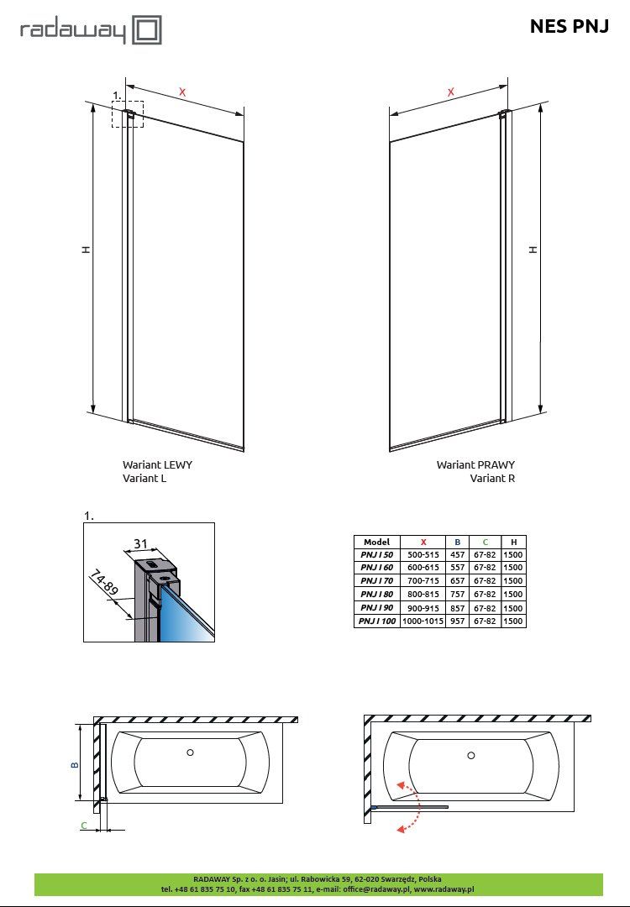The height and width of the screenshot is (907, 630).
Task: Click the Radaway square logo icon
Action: point(147,30)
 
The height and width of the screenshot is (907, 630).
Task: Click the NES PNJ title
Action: point(570,27)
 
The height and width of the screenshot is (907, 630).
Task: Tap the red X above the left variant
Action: point(182,92)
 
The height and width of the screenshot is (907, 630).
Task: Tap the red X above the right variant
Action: point(451,92)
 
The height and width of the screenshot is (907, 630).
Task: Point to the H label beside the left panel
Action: point(86,249)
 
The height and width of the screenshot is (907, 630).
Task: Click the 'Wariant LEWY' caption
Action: point(157,464)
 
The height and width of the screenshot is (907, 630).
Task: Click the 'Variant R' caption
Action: point(492,479)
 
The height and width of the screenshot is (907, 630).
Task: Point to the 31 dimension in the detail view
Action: point(140,543)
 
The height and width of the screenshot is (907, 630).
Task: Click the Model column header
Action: point(376,542)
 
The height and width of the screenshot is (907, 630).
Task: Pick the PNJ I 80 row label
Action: point(376,594)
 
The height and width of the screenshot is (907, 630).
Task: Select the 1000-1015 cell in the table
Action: point(423,621)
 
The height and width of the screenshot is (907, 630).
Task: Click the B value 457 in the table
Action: point(457,555)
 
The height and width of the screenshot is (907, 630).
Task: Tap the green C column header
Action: point(485,542)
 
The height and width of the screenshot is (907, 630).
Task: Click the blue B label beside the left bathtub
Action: point(74,764)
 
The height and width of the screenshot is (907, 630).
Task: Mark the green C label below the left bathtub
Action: point(84,826)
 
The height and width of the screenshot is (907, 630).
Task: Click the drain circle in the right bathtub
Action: point(471,756)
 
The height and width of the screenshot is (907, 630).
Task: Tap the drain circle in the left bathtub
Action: point(190,752)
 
